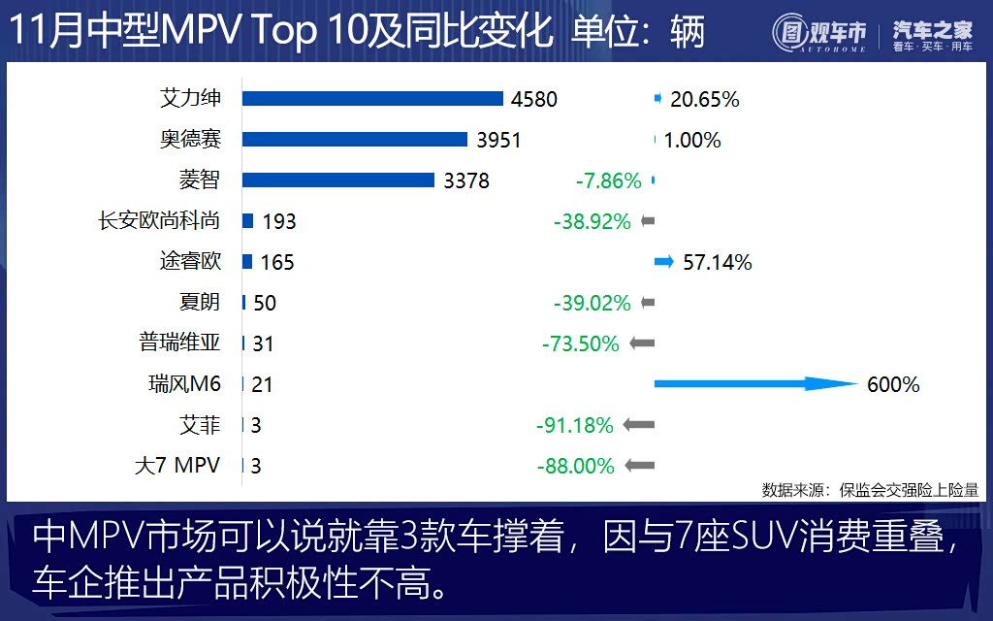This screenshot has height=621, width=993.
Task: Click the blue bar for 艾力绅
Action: [372, 98]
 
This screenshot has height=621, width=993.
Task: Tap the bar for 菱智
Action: [337, 180]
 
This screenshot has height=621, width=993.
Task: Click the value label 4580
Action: [534, 99]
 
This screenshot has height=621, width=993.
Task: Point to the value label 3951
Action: [498, 140]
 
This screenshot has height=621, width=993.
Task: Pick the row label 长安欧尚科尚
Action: [159, 220]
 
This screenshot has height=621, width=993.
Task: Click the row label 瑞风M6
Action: [178, 384]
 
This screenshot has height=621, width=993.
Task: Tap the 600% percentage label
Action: [893, 385]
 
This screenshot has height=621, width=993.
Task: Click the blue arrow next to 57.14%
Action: [663, 261]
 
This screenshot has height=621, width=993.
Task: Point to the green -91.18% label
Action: [575, 425]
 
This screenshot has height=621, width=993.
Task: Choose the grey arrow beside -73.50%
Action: [642, 343]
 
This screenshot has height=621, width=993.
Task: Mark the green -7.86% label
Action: [608, 180]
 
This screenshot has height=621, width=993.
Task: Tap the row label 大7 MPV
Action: [177, 466]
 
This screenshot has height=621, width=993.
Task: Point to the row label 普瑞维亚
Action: [180, 343]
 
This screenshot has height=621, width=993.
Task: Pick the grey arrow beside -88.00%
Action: [641, 466]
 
